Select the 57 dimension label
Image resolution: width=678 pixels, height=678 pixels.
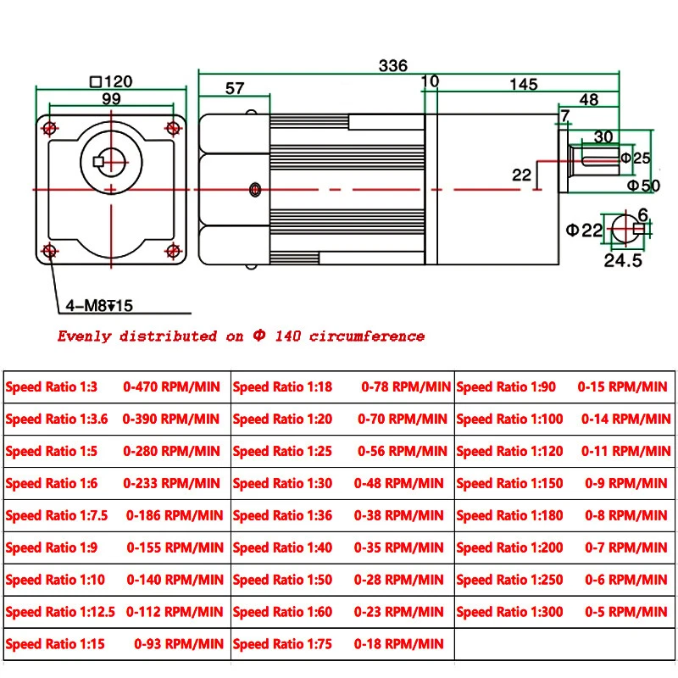point(235,88)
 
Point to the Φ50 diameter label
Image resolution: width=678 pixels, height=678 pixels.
point(644,186)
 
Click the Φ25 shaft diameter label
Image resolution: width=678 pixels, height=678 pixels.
point(636,158)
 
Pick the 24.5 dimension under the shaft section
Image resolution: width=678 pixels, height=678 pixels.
point(623,261)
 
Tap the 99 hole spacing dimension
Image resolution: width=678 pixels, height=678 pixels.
point(110,99)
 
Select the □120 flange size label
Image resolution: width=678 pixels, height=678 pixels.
point(111,82)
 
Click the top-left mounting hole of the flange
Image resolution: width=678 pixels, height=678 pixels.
point(50,128)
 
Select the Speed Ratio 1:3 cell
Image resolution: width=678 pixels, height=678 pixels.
point(52,387)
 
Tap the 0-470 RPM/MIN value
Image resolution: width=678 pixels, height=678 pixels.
point(172,387)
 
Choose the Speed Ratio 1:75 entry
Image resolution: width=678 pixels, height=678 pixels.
point(282,644)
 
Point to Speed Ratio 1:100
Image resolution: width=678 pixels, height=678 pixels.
point(509,419)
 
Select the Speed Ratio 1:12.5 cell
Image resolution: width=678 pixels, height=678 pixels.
point(60,612)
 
